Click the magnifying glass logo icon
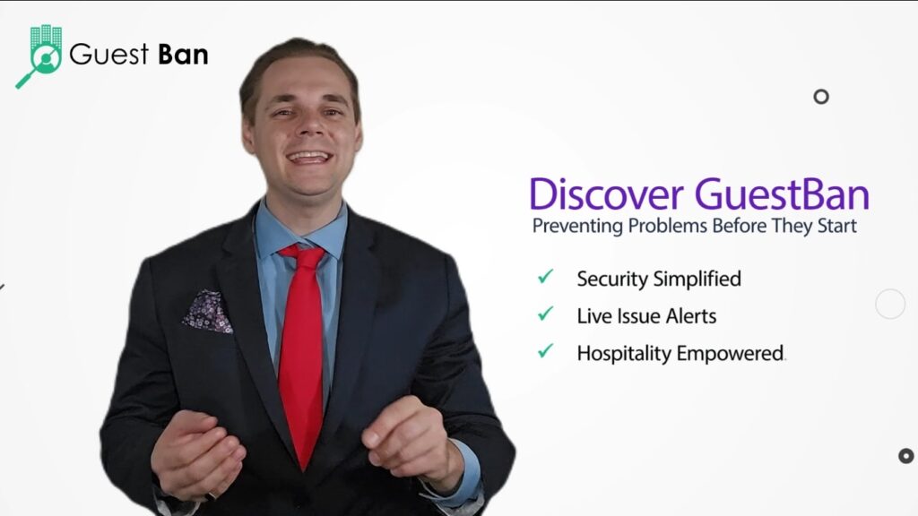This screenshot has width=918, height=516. (39, 56)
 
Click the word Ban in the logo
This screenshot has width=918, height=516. (183, 55)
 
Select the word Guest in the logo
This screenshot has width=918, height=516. (108, 55)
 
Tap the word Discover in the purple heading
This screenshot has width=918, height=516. (607, 193)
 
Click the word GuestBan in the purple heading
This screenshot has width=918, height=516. (782, 193)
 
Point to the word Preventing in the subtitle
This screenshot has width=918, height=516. (577, 227)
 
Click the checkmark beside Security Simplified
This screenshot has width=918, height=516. (545, 276)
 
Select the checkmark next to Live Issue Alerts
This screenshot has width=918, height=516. (545, 314)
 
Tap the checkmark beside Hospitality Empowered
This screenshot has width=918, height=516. (545, 350)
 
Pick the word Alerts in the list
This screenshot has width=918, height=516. (691, 316)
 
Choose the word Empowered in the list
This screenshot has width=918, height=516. (730, 354)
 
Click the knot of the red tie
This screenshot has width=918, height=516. (303, 255)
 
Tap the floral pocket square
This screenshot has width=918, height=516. (208, 311)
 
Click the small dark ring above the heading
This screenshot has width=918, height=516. (821, 97)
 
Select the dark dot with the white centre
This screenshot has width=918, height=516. (906, 456)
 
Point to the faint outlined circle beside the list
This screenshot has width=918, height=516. (890, 304)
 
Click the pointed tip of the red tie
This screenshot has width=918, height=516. (303, 469)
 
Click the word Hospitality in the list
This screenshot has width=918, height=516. (624, 354)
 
